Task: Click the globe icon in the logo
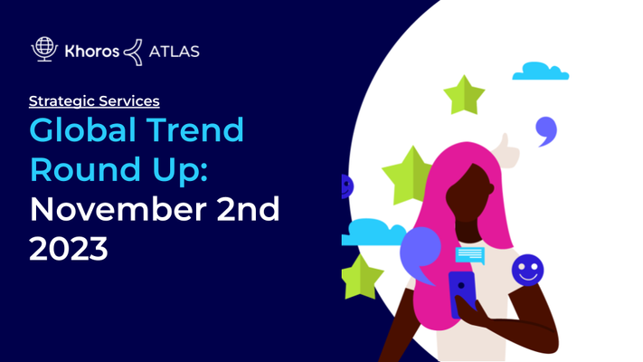coord(44,49)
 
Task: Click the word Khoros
coord(92,52)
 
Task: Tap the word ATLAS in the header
coord(175,52)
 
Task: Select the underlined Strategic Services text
coord(94,101)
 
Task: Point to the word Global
coord(83,129)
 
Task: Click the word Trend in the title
coord(195,129)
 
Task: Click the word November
coord(118,209)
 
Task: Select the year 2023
coord(69,248)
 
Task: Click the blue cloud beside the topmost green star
coord(541,71)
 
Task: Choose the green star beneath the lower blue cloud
coord(362,277)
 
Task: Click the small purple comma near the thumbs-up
coord(546,130)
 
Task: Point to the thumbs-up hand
coord(507,150)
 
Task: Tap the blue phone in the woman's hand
coord(462,293)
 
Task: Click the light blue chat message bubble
coord(470,255)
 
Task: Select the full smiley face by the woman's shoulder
coord(528,270)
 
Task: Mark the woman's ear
coord(490,189)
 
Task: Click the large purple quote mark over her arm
coord(420,252)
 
